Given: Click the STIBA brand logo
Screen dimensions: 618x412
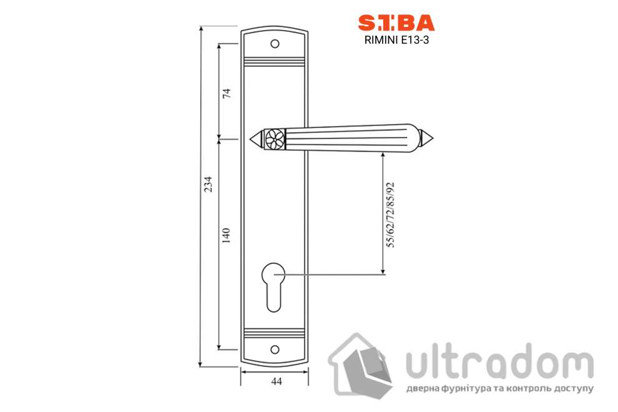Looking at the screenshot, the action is point(396,23).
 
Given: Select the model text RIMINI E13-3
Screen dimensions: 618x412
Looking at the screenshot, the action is point(396,40).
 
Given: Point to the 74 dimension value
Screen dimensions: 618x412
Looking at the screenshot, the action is point(227,94).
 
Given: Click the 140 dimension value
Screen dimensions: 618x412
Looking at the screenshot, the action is point(226,236).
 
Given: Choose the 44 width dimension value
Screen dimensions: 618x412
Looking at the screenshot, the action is point(277,381).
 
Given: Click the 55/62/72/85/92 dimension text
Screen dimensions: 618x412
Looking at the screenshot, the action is point(390,215).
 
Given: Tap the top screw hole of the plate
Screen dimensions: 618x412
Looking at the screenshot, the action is point(275,44).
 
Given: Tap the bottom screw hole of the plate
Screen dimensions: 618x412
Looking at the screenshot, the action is point(275,350).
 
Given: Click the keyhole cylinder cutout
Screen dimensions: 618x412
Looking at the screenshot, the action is point(273,287).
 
